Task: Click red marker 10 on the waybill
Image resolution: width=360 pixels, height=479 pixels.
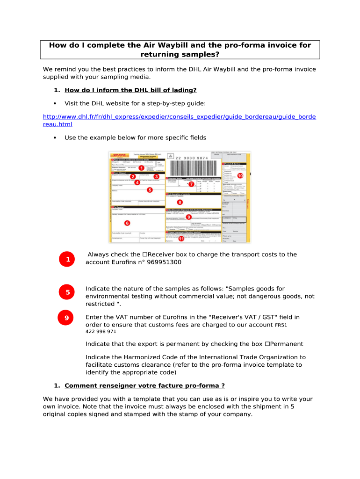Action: [x=240, y=176]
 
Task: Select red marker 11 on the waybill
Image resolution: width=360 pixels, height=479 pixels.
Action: [x=181, y=239]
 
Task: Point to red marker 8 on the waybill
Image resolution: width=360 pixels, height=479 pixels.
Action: [x=180, y=202]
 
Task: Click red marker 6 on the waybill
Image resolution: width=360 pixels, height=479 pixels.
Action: [x=127, y=223]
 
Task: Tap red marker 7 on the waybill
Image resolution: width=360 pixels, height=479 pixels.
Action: [x=191, y=184]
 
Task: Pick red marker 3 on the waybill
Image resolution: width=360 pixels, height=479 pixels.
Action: [x=157, y=176]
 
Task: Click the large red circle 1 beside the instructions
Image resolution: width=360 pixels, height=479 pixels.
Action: [x=68, y=260]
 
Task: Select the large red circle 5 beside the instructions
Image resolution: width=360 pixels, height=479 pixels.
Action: [x=68, y=293]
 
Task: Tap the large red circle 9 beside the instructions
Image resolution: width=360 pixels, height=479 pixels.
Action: [x=67, y=318]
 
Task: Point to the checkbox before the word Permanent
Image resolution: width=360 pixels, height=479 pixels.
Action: [x=267, y=344]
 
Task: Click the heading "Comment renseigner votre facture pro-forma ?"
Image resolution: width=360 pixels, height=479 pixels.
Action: [x=144, y=386]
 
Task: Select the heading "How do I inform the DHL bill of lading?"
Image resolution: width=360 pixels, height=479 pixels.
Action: [x=130, y=90]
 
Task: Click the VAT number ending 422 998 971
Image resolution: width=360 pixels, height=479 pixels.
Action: [x=101, y=332]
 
